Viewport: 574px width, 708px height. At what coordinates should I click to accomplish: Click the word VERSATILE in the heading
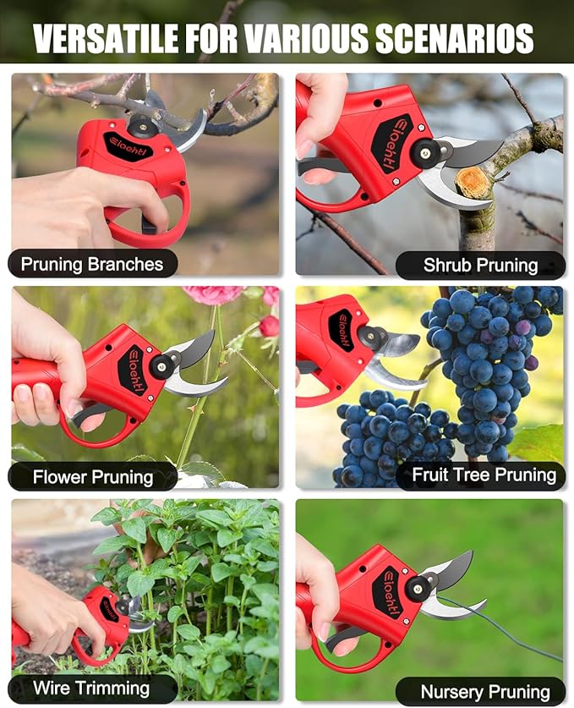[106, 38]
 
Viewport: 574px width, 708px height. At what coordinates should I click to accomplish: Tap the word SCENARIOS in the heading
[455, 38]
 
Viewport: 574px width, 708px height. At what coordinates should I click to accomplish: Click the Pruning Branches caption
[92, 264]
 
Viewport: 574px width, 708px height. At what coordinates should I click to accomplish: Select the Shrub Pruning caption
[481, 265]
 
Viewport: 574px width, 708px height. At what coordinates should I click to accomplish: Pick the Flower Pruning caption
[93, 477]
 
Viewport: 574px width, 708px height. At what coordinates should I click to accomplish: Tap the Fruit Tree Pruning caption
[484, 475]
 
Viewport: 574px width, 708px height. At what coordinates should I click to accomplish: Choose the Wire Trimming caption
[91, 689]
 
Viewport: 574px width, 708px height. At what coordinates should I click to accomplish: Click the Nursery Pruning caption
[485, 692]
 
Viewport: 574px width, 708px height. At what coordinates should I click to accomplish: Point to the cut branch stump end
[472, 183]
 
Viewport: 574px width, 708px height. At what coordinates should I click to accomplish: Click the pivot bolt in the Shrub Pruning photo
[424, 153]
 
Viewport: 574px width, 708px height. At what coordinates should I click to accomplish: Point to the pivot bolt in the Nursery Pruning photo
[418, 589]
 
